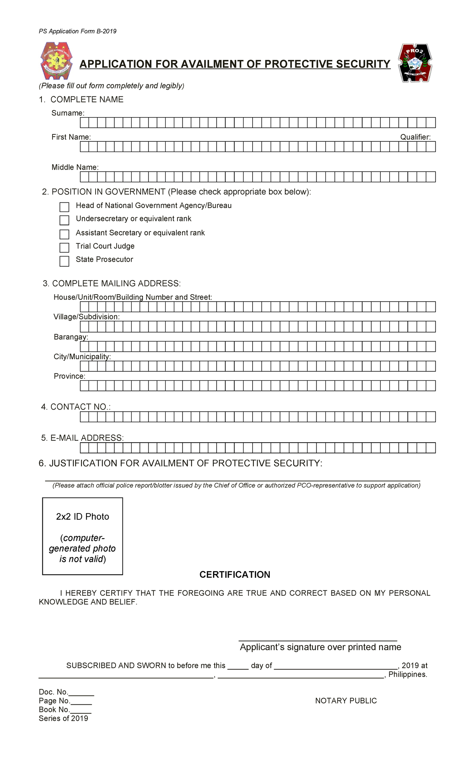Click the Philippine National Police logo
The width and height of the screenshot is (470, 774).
56,61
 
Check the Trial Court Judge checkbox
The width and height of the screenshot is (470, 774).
64,248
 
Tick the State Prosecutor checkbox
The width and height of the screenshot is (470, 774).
64,261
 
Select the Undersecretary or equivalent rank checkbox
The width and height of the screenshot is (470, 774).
64,220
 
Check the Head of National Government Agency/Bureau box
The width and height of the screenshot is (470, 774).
64,207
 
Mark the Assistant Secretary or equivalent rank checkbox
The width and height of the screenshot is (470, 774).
64,234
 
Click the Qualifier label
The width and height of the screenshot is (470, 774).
415,137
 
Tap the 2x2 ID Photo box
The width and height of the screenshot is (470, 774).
83,536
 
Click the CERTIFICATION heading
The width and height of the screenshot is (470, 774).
235,575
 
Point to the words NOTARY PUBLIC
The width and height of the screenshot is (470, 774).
346,701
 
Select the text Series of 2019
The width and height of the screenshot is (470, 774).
63,718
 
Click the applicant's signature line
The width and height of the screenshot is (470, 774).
318,639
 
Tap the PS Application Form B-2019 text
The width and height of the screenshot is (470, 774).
78,31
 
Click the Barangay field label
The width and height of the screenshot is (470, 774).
71,337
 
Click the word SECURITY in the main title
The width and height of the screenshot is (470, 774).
363,64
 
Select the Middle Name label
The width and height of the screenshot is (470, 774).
75,167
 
